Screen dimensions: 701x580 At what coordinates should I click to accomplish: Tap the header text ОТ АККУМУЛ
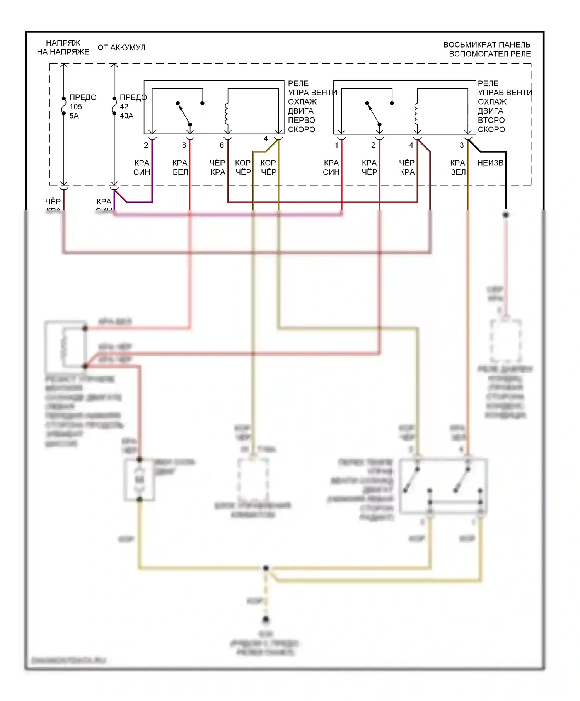(121, 48)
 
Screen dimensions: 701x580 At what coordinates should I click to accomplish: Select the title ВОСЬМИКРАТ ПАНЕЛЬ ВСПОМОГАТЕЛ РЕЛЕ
(487, 49)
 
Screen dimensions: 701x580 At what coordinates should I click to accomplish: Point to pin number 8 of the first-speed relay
(184, 145)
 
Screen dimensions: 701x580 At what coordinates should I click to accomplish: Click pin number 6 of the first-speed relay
(222, 145)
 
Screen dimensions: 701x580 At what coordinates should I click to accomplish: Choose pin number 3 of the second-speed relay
(462, 145)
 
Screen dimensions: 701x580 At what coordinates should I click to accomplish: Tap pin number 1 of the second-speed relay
(336, 145)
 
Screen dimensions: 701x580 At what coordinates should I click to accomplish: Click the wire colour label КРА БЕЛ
(180, 167)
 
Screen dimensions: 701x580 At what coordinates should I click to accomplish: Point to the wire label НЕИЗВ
(490, 163)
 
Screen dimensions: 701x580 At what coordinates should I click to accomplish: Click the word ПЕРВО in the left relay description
(302, 120)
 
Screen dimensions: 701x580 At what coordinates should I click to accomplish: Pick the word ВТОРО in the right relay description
(491, 120)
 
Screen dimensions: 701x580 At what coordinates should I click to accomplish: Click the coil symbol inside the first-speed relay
(227, 114)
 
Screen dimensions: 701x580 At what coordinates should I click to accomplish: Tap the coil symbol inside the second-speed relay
(416, 114)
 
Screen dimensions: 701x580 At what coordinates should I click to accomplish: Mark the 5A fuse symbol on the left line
(64, 106)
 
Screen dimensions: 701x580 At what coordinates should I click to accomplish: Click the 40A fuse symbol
(114, 106)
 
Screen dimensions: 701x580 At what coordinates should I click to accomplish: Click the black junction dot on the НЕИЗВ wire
(505, 214)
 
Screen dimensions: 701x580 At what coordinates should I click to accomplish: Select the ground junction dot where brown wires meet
(266, 568)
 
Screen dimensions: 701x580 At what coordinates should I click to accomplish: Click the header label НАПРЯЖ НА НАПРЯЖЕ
(63, 47)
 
